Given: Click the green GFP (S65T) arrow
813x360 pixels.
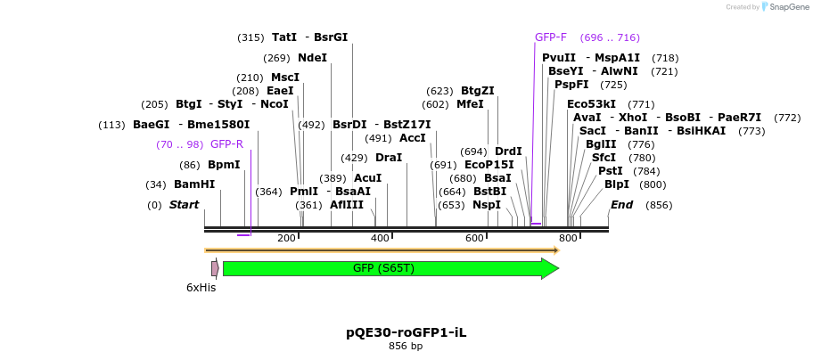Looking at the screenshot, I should click(383, 268).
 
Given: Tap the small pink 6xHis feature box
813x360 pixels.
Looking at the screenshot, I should click(215, 268).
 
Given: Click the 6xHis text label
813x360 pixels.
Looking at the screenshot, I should click(201, 288).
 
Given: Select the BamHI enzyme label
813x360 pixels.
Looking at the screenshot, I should click(194, 184).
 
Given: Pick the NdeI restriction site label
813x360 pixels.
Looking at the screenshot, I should click(312, 58).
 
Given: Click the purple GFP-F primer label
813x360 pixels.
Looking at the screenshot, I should click(550, 37).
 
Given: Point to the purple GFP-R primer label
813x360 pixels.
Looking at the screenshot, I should click(226, 144).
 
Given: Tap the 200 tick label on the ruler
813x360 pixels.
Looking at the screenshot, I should click(286, 238).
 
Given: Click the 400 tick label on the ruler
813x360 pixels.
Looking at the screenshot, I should click(380, 238).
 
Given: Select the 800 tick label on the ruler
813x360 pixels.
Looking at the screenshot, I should click(568, 238).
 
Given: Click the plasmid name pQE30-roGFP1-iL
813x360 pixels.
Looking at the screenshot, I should click(406, 332).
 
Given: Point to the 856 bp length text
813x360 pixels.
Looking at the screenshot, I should click(406, 346).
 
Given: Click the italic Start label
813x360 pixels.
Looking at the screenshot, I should click(184, 205).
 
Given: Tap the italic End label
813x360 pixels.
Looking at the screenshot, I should click(621, 205).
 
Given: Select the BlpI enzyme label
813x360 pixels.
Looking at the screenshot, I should click(616, 184).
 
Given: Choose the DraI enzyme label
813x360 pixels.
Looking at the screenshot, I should click(389, 158).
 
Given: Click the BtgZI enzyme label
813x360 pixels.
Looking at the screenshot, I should click(477, 91).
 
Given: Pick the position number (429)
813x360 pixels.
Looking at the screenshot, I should click(354, 158).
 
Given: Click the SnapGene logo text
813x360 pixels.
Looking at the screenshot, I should click(784, 7).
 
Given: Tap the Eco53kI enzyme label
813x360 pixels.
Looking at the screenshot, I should click(591, 104).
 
